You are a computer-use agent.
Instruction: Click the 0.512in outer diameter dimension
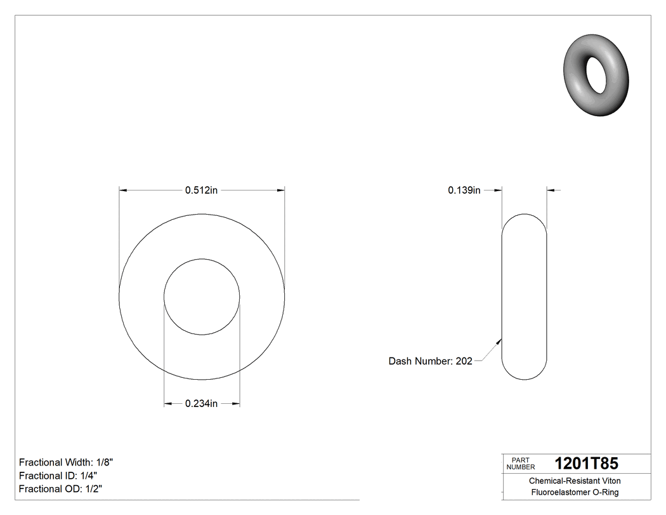pyautogui.click(x=202, y=190)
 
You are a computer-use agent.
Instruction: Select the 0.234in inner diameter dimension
pyautogui.click(x=202, y=403)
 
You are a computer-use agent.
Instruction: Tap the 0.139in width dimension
pyautogui.click(x=464, y=190)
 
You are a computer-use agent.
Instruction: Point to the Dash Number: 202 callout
pyautogui.click(x=430, y=361)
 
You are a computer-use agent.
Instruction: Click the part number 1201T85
pyautogui.click(x=586, y=464)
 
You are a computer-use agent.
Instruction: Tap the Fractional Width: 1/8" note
pyautogui.click(x=67, y=462)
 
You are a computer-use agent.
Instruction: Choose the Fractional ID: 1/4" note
pyautogui.click(x=58, y=476)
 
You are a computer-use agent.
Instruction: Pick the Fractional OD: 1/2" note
pyautogui.click(x=61, y=489)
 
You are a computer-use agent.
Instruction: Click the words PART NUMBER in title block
pyautogui.click(x=521, y=464)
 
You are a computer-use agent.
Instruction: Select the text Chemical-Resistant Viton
pyautogui.click(x=575, y=481)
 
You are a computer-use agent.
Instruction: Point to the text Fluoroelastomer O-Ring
pyautogui.click(x=575, y=492)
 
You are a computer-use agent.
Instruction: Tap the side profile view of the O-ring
pyautogui.click(x=524, y=297)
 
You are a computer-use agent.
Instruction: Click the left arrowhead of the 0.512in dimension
pyautogui.click(x=123, y=190)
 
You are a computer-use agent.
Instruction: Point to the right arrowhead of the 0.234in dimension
pyautogui.click(x=236, y=403)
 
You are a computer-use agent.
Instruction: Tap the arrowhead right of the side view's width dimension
pyautogui.click(x=550, y=190)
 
